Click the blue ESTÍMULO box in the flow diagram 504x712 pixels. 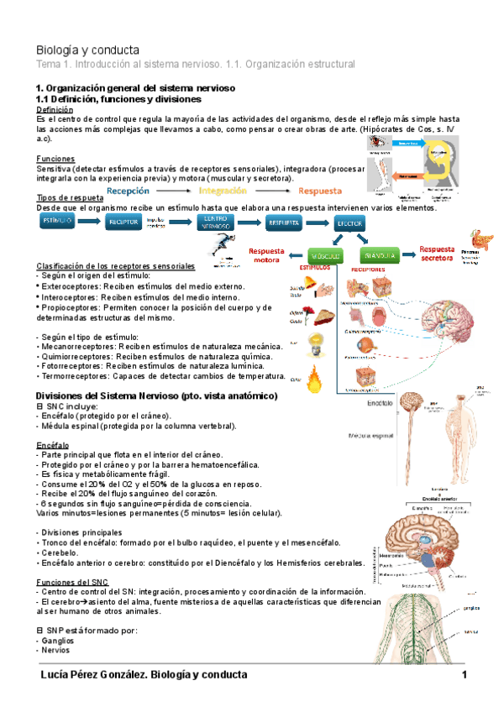(x=57, y=222)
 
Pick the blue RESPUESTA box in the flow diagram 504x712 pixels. (x=283, y=222)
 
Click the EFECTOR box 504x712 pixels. (x=349, y=224)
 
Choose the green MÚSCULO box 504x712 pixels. (x=325, y=254)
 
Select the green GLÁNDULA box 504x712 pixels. (x=380, y=254)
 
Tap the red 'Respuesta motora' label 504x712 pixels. (x=266, y=254)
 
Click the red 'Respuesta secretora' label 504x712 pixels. (x=437, y=254)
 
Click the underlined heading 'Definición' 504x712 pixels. (x=55, y=109)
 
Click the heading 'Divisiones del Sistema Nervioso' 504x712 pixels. (x=119, y=395)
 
